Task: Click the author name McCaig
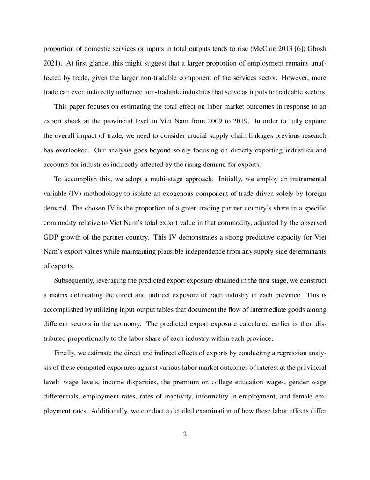[x=264, y=48]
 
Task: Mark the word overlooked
[x=76, y=151]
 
